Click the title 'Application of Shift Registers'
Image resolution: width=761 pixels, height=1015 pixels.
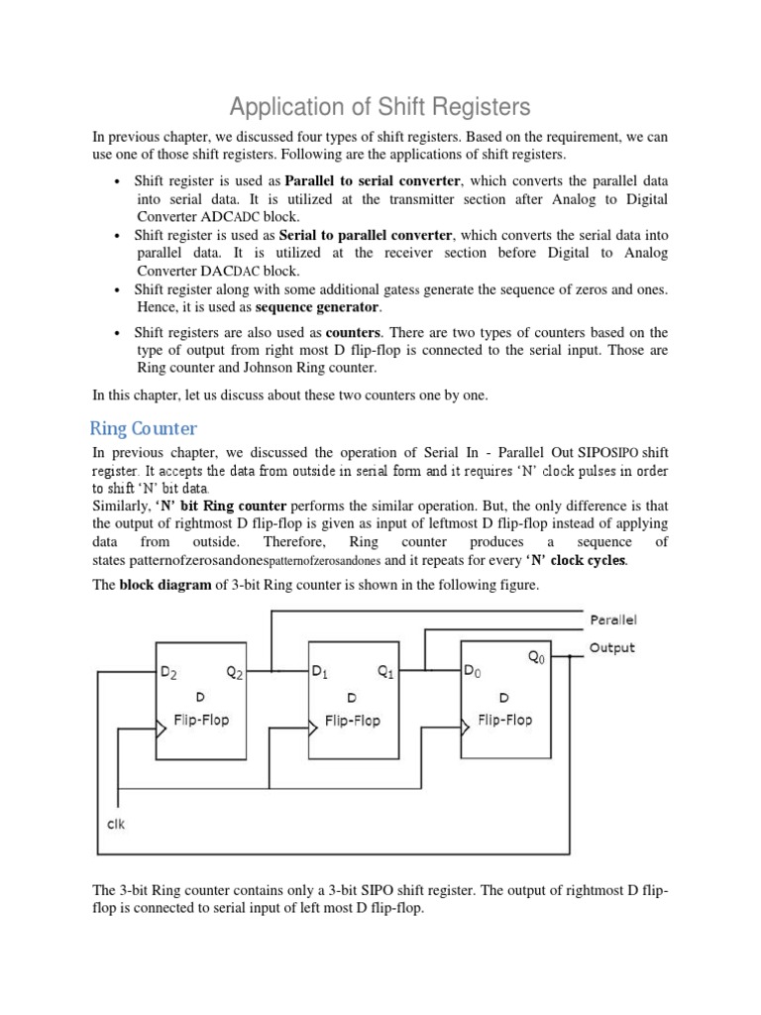(x=380, y=106)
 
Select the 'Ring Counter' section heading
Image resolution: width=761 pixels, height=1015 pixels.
(x=144, y=428)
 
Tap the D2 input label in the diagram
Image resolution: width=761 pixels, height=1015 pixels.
(x=170, y=672)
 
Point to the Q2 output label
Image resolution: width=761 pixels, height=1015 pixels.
(x=235, y=672)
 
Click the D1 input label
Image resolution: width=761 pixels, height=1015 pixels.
(x=320, y=672)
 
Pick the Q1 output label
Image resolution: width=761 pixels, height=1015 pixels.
(x=385, y=672)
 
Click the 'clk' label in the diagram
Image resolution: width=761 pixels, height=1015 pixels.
(x=116, y=824)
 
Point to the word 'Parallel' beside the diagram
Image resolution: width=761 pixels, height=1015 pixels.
(x=613, y=620)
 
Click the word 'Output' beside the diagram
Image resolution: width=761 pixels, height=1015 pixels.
(x=612, y=647)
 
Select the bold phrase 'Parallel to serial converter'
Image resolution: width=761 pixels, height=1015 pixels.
(x=373, y=180)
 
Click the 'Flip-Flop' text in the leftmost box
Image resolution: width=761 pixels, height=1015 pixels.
(x=201, y=719)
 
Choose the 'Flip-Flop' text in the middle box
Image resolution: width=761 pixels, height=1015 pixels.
(x=352, y=721)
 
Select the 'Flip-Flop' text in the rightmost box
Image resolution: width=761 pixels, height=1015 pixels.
(x=504, y=720)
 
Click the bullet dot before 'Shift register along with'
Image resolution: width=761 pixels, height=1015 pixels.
(x=118, y=290)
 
